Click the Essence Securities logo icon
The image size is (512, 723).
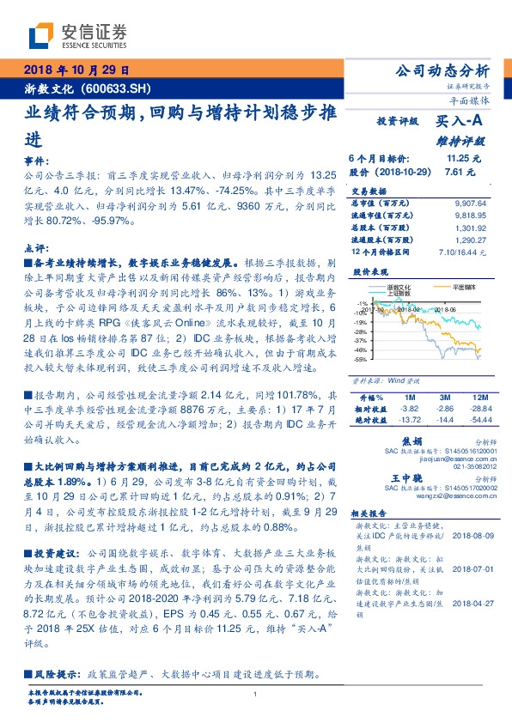[x=42, y=36]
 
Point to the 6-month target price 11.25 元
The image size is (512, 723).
[x=464, y=158]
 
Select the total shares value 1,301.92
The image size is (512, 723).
[x=472, y=228]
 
